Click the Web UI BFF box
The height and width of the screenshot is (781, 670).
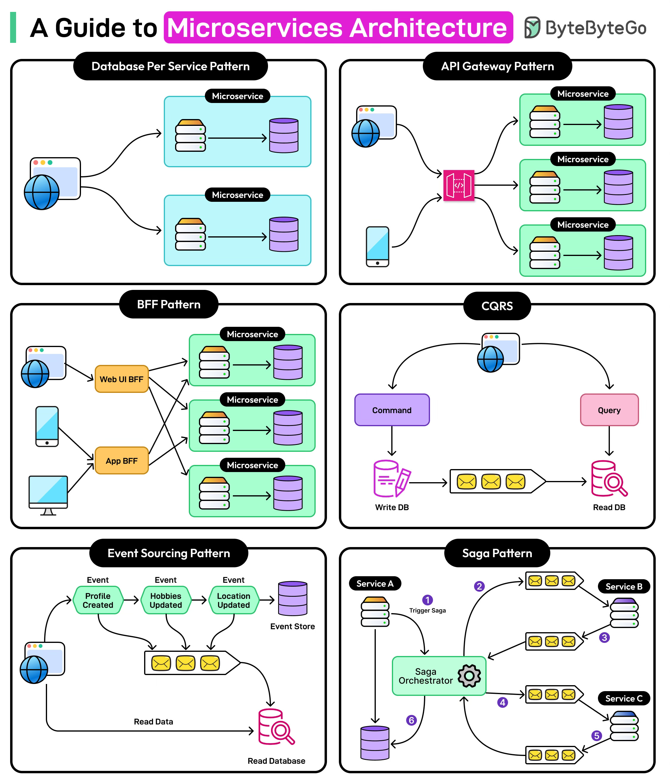pos(121,379)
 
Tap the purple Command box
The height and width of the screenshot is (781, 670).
pos(392,410)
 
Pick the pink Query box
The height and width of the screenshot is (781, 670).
pos(609,410)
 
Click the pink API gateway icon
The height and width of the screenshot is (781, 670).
pos(459,185)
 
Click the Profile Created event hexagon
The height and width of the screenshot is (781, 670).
pos(98,600)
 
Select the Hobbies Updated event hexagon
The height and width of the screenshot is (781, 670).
pos(166,600)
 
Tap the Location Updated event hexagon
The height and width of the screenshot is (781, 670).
pos(234,600)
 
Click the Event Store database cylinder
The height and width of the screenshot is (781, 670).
pos(293,598)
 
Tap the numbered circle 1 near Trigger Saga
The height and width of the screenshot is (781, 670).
pos(427,600)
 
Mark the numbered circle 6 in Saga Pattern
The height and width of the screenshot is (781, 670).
pos(411,720)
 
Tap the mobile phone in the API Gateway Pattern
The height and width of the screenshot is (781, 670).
pos(377,246)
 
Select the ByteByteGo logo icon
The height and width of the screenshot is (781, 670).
pos(532,27)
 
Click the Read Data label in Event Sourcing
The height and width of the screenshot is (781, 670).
pos(153,721)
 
